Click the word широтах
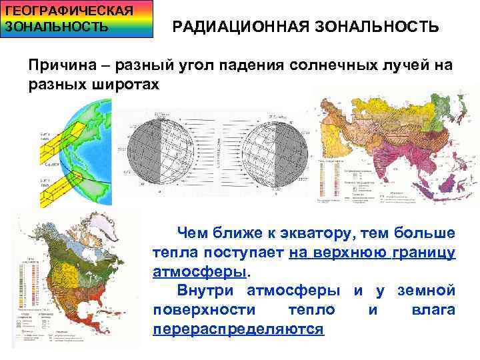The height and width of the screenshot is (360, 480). (x=127, y=85)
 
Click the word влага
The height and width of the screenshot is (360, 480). (x=433, y=310)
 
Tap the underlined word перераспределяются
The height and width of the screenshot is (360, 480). (x=238, y=329)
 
